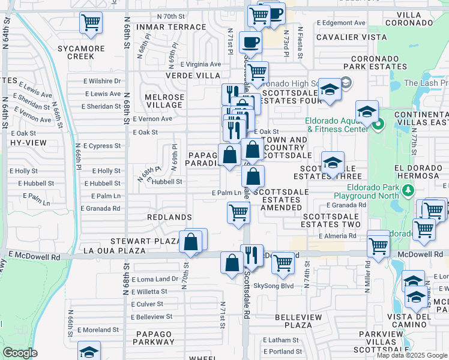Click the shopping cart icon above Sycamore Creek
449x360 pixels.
(x=91, y=23)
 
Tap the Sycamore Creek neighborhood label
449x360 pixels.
(x=77, y=52)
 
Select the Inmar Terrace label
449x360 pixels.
(x=171, y=28)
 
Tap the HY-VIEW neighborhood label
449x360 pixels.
(x=24, y=143)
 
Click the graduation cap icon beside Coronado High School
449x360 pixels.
(x=330, y=89)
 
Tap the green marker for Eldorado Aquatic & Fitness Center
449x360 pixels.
(x=378, y=125)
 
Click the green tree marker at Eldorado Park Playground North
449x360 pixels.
(x=408, y=191)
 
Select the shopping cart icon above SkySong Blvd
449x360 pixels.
(x=282, y=262)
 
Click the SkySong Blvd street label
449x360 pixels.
(x=273, y=286)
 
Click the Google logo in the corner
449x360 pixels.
(x=20, y=353)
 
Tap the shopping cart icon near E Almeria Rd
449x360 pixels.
(x=378, y=245)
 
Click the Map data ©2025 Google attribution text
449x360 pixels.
(x=411, y=355)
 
